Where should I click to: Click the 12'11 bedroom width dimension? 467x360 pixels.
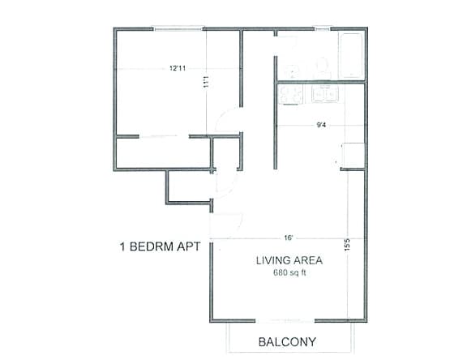(x=178, y=68)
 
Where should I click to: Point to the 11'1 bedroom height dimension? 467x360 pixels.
(x=208, y=80)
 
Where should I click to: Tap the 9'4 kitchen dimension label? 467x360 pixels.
(x=321, y=125)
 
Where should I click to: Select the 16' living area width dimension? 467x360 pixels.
(x=289, y=238)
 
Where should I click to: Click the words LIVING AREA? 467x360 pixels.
(x=289, y=260)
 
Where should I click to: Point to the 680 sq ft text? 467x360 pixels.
(x=289, y=272)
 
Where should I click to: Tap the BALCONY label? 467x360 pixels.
(x=286, y=342)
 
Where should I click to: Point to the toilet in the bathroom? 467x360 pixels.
(x=323, y=66)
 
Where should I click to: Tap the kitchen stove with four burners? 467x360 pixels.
(x=291, y=95)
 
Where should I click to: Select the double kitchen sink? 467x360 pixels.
(x=326, y=95)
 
